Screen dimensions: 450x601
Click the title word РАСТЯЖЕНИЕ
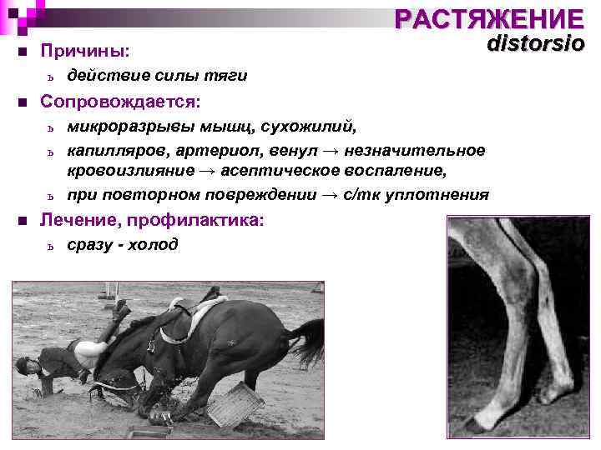tap(489, 18)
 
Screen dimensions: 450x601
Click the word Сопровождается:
tap(120, 102)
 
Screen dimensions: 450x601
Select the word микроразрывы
tap(125, 127)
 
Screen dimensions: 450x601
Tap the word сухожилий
tap(306, 127)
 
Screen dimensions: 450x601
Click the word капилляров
tap(116, 150)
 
